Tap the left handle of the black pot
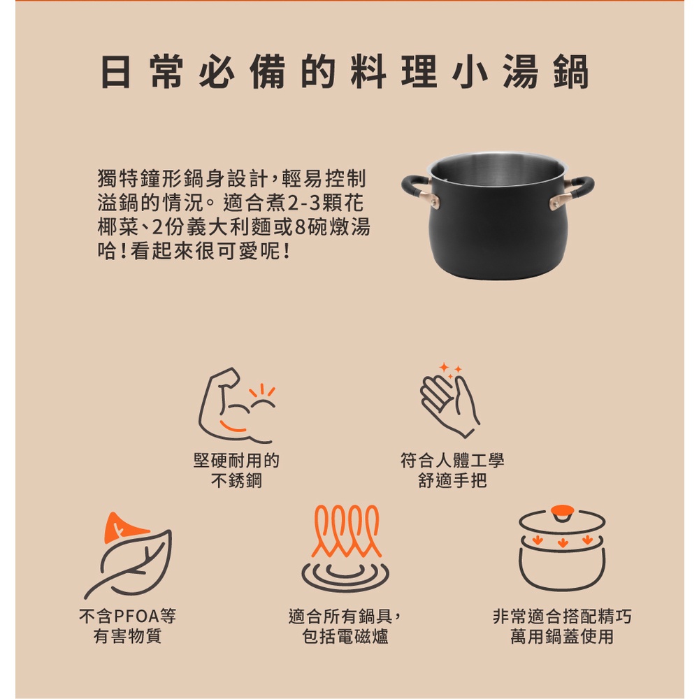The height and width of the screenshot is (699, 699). pyautogui.click(x=417, y=190)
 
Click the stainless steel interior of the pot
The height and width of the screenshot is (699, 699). pyautogui.click(x=498, y=168)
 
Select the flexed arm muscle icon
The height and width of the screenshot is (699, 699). pyautogui.click(x=236, y=405)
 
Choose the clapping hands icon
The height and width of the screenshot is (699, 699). pyautogui.click(x=449, y=401)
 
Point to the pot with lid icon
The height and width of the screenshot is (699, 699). pyautogui.click(x=562, y=548)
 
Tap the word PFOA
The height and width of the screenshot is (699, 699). pyautogui.click(x=136, y=617)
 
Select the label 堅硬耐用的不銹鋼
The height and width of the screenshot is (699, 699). pyautogui.click(x=236, y=470)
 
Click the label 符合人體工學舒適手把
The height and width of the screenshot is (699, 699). pyautogui.click(x=452, y=470)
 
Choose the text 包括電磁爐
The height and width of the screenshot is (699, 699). pyautogui.click(x=345, y=636)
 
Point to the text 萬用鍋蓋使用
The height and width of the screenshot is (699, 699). pyautogui.click(x=562, y=636)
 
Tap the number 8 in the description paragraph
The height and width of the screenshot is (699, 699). pyautogui.click(x=301, y=227)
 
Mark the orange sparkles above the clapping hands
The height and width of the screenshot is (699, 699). pyautogui.click(x=450, y=370)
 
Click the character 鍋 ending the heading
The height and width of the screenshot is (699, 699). pyautogui.click(x=572, y=72)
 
